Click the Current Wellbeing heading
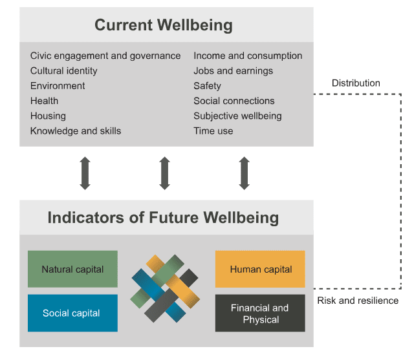click(x=164, y=26)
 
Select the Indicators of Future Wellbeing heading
click(x=163, y=217)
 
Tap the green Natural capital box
click(x=72, y=269)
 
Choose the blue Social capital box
click(x=72, y=313)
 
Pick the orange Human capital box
click(x=260, y=269)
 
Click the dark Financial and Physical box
click(x=260, y=313)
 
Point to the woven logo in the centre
click(x=166, y=289)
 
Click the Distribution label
click(x=356, y=83)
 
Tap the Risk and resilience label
click(x=358, y=301)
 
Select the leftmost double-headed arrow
click(x=85, y=173)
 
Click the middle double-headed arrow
click(x=164, y=173)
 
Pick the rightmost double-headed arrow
click(x=244, y=173)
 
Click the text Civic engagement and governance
click(x=105, y=56)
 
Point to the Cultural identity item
click(x=64, y=71)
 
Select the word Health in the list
click(x=44, y=101)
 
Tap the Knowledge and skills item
click(x=76, y=131)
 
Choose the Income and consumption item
click(x=248, y=56)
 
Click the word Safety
click(x=207, y=86)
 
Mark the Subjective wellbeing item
click(x=237, y=116)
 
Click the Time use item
click(x=213, y=131)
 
